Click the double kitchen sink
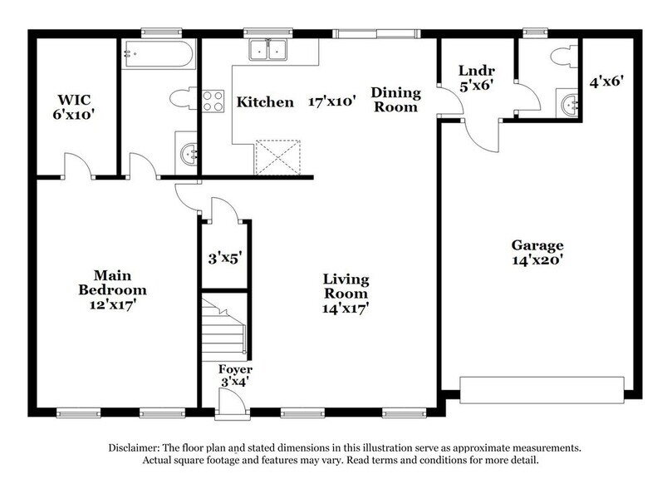270,52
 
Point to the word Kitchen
265,102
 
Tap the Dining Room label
395,99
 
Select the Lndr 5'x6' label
473,79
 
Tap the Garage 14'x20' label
537,253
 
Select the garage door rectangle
542,388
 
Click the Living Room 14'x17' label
346,294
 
